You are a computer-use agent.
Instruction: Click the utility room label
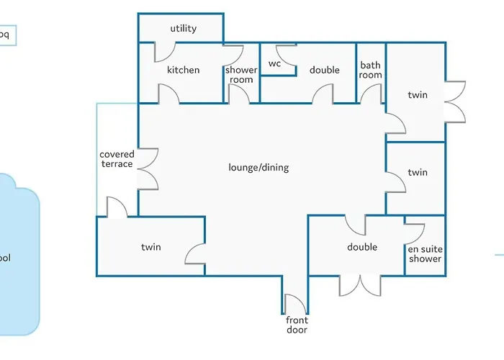point(184,29)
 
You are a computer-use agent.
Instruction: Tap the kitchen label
point(183,70)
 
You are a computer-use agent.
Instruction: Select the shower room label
point(241,75)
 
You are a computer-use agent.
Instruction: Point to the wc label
point(274,63)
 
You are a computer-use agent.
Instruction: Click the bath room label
point(371,70)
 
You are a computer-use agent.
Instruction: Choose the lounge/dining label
point(258,168)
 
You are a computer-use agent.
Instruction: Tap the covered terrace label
point(117,159)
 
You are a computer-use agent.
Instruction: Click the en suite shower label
point(425,253)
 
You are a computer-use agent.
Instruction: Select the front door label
point(297,325)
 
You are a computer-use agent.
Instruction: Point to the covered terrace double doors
point(147,169)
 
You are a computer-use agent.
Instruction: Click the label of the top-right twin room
point(418,95)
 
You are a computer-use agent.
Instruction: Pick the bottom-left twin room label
point(151,247)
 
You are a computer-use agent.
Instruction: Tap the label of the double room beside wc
point(325,70)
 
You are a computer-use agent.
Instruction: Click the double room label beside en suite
point(362,247)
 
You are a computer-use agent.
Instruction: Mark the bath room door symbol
point(371,94)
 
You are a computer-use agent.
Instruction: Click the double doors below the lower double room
point(360,285)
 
